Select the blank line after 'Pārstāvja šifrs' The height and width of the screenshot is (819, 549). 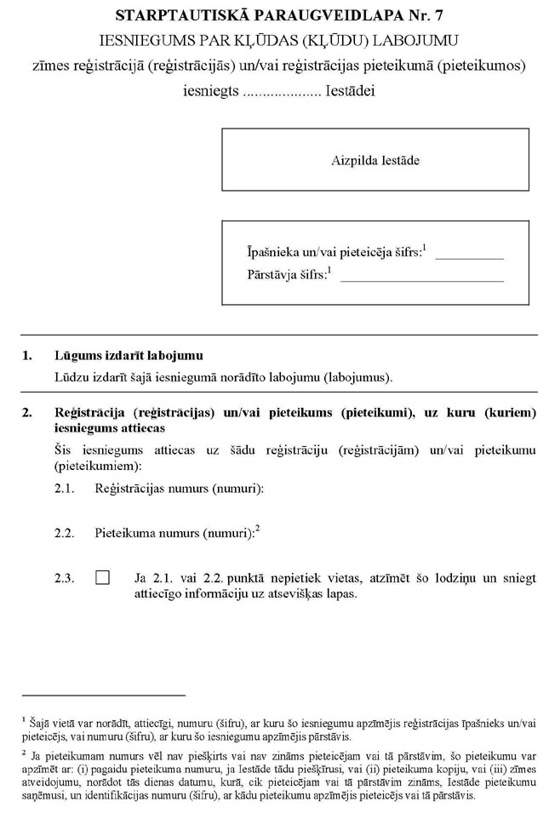point(421,278)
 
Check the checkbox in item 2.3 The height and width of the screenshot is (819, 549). point(103,577)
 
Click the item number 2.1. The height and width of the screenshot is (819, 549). point(64,488)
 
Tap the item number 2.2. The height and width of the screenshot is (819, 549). point(64,534)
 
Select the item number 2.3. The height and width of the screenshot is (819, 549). point(64,578)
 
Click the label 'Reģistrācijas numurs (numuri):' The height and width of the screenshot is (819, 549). point(180,488)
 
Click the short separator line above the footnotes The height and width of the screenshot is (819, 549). point(103,695)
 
